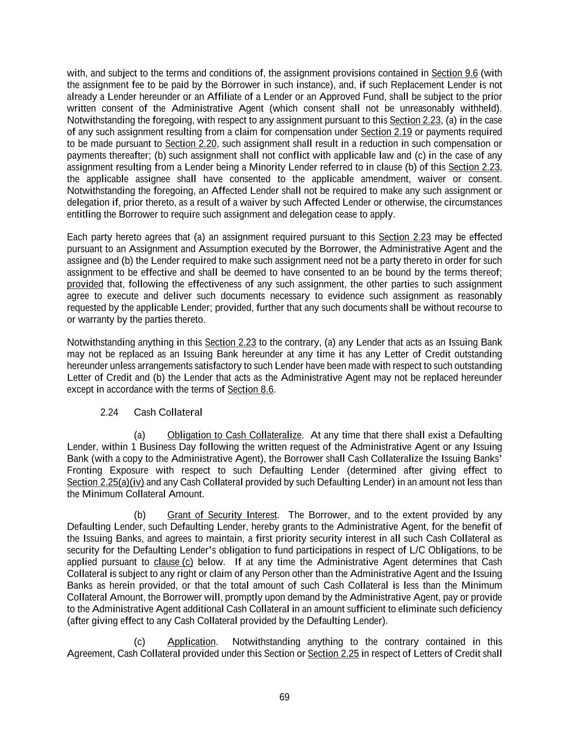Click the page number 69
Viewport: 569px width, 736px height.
[284, 697]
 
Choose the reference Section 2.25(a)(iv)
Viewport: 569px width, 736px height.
[105, 482]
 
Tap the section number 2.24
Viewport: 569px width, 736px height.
[109, 412]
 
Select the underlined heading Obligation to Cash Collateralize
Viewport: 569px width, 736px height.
[234, 435]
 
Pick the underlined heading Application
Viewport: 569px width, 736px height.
[191, 642]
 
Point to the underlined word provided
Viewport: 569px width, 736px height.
[85, 284]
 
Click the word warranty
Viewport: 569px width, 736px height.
[96, 320]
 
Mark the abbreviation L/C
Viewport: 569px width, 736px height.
[403, 550]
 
